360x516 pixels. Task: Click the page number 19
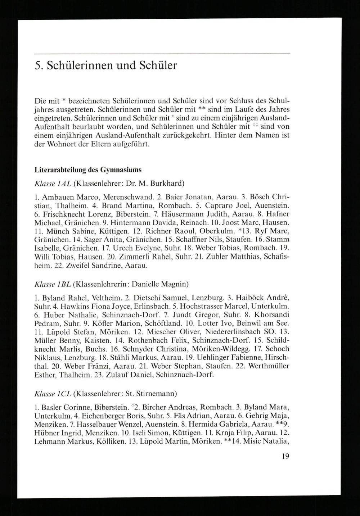tap(285, 457)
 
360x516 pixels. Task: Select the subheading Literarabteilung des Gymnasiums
tap(88, 169)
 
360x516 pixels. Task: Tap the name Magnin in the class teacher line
tap(174, 284)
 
